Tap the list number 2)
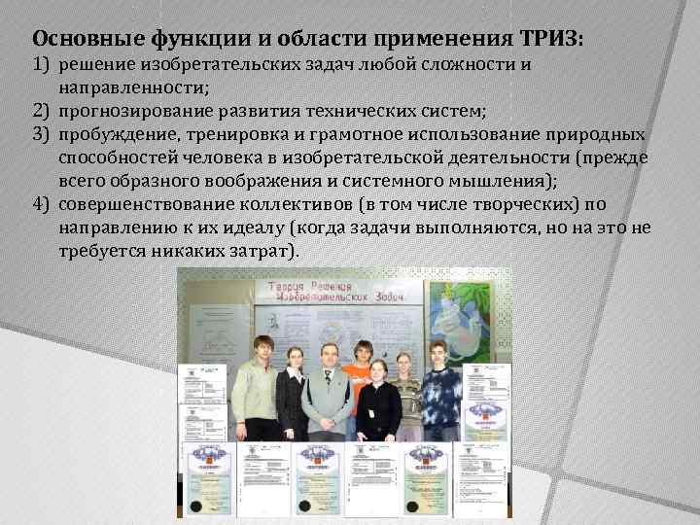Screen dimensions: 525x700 tap(41, 112)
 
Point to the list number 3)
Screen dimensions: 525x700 tap(41, 133)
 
